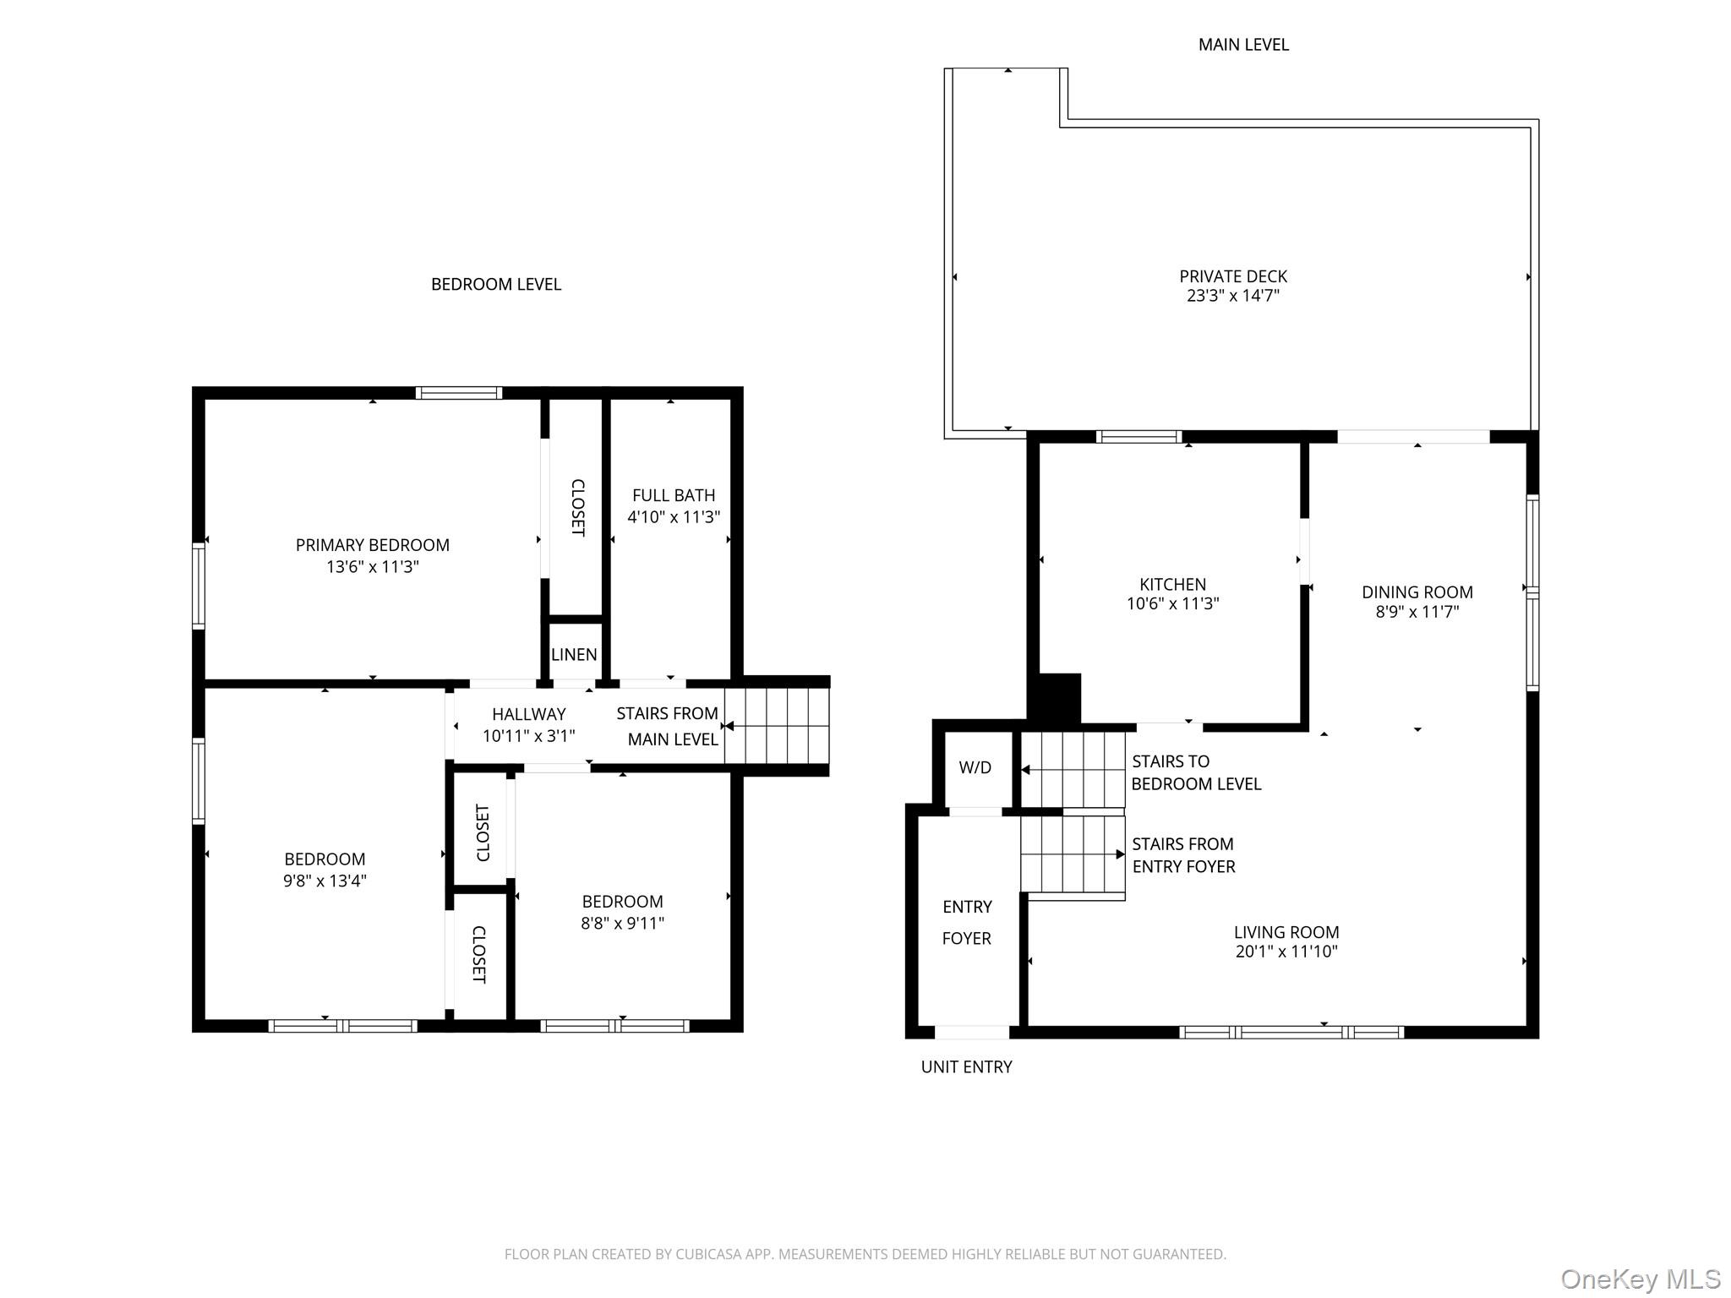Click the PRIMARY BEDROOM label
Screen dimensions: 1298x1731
[x=372, y=545]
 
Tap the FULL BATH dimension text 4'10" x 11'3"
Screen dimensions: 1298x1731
[x=674, y=517]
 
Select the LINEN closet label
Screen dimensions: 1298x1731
[x=574, y=654]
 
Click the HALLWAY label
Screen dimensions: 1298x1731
[x=529, y=714]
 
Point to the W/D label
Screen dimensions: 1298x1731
[x=975, y=767]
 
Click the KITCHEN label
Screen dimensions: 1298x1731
[x=1172, y=584]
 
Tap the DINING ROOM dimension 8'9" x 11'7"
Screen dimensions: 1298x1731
[x=1417, y=612]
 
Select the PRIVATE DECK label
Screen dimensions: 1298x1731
[x=1233, y=276]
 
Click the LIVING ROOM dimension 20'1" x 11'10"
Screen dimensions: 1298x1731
[x=1286, y=952]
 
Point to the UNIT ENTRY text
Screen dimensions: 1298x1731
[x=966, y=1066]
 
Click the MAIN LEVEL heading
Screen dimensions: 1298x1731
[x=1243, y=45]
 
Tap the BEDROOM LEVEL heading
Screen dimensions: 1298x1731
[x=496, y=285]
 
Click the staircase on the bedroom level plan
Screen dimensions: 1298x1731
[x=777, y=726]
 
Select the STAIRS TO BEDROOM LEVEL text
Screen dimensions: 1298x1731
[x=1195, y=772]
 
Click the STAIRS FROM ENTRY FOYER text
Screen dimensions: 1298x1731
[x=1182, y=855]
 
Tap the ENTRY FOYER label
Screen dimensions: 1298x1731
[x=967, y=922]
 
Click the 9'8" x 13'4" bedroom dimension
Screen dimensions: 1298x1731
[x=325, y=881]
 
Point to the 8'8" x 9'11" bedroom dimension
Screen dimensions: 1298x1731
[x=622, y=923]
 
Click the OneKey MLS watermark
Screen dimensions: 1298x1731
[x=1640, y=1279]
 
